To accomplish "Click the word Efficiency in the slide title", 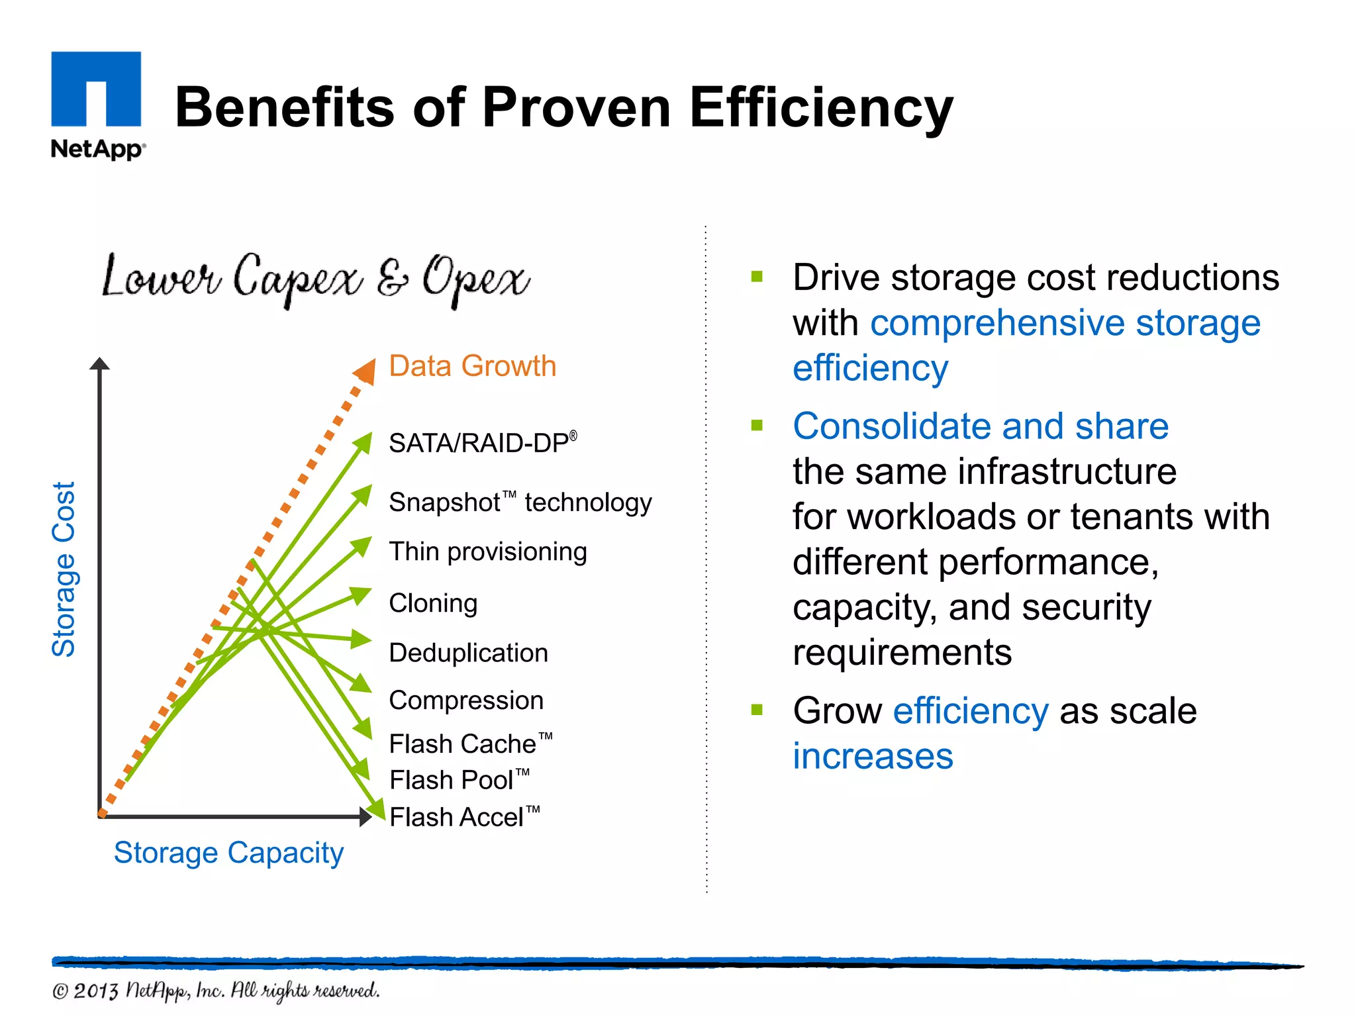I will point(821,108).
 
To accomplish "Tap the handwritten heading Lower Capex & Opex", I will point(315,278).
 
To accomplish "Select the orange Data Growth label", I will point(472,366).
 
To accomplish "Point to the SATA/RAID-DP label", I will point(482,443).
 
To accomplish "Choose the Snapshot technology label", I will point(520,503).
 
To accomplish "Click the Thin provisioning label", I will point(487,552).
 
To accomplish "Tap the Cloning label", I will point(433,603).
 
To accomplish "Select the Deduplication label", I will point(468,653).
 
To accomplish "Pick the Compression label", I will point(466,701).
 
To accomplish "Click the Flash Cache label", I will point(470,744).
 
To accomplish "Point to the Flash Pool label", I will point(459,780).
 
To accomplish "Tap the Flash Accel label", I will point(464,817).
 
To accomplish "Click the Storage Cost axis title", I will point(64,569).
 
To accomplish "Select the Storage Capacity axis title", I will point(228,853).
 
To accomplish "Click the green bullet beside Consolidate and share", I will point(757,425).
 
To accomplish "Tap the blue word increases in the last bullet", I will point(873,756).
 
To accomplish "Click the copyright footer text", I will point(216,991).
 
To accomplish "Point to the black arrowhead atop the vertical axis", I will point(99,363).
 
